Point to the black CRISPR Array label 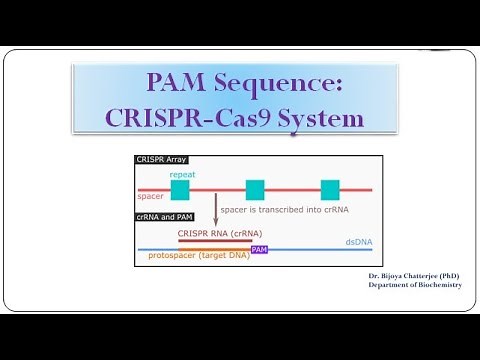point(162,160)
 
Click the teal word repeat point(182,174)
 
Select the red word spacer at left point(150,197)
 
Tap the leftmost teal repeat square point(180,189)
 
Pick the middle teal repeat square point(255,189)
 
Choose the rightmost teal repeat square point(329,189)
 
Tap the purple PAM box point(259,249)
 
